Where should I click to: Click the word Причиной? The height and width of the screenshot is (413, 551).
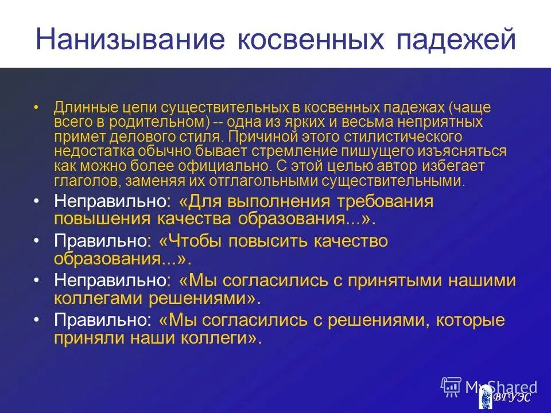click(253, 137)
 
